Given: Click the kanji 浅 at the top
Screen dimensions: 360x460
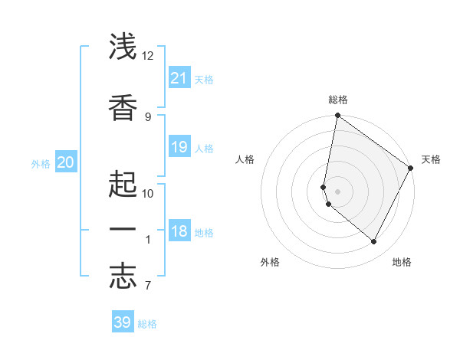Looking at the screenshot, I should (123, 47).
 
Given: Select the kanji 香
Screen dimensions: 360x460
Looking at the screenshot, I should (123, 106).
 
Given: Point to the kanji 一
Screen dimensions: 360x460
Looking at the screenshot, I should (123, 230).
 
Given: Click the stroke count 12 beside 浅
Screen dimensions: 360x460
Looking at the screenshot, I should (148, 56).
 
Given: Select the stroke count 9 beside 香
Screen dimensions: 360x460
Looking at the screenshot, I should (148, 116).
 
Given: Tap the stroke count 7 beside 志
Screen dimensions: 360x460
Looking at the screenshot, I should (148, 286).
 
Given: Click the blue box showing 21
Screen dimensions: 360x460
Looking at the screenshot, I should (179, 77).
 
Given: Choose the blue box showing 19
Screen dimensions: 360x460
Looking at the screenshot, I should (179, 146).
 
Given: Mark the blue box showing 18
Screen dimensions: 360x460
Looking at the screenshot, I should (179, 231).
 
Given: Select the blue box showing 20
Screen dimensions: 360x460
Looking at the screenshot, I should (65, 162).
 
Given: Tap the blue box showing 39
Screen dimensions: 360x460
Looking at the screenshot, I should (123, 322).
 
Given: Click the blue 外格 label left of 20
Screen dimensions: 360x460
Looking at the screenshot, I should (41, 164).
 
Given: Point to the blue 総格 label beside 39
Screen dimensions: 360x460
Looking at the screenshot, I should (147, 324).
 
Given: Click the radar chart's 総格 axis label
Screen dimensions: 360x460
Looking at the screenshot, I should (338, 100).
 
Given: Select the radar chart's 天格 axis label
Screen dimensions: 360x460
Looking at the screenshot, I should (431, 159).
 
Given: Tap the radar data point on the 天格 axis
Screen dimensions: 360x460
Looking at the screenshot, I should (411, 169).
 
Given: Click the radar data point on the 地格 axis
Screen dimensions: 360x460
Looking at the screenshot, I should (374, 242).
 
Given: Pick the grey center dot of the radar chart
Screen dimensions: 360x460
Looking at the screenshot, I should (338, 191).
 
